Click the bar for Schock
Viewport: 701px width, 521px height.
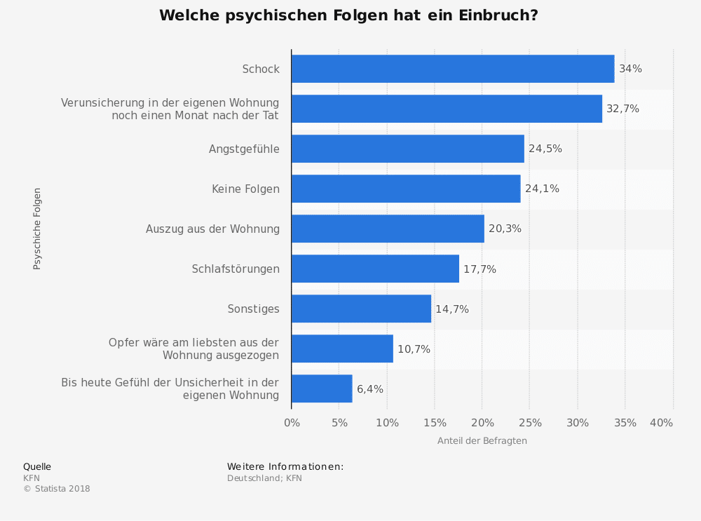(452, 69)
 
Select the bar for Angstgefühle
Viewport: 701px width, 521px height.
(407, 149)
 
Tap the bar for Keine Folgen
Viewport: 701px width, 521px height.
(405, 189)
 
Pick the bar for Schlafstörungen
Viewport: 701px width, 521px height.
(375, 269)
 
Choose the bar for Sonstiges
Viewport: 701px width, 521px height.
(361, 309)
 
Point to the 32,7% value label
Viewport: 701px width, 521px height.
(622, 109)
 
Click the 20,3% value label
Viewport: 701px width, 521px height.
(505, 229)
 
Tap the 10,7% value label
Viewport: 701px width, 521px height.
(414, 349)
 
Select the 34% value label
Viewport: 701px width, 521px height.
(630, 69)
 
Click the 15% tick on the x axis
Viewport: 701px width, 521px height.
(435, 423)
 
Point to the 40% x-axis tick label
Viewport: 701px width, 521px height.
(661, 423)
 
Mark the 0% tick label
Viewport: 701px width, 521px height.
(292, 423)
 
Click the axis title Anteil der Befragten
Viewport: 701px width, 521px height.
(482, 441)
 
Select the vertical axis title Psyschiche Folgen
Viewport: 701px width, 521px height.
(37, 229)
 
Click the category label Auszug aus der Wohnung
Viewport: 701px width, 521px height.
(212, 229)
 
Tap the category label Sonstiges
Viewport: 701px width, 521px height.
(253, 309)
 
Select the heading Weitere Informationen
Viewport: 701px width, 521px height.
(285, 467)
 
